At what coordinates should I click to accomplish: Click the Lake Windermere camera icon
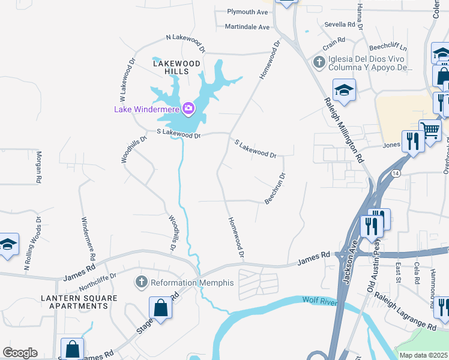188,108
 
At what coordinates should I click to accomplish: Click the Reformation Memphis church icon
142,282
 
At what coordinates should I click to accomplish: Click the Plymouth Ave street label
247,12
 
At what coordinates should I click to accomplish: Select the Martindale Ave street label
247,27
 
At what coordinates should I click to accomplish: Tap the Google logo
20,353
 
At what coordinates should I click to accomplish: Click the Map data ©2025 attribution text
423,355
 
